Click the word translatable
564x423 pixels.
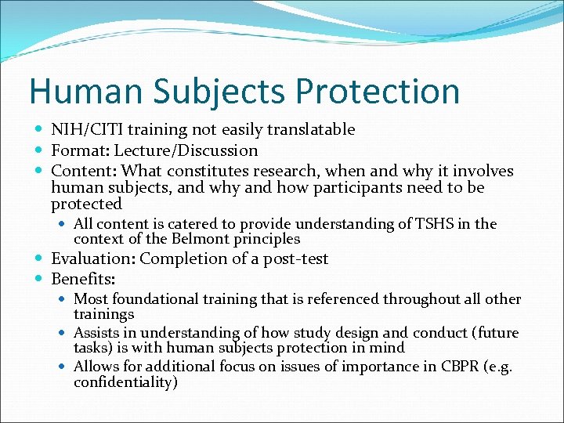310,129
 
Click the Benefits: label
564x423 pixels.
82,279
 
